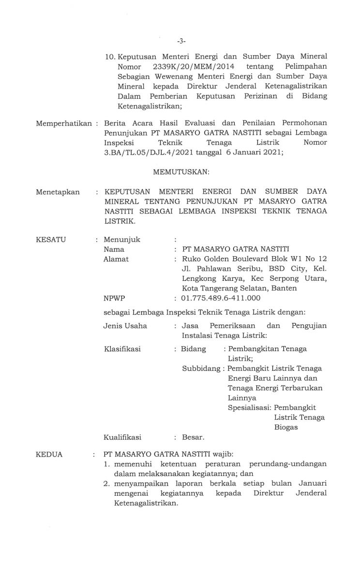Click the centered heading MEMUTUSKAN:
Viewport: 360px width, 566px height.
coord(180,172)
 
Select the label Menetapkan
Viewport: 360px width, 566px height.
coord(58,192)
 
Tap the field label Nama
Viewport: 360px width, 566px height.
coord(114,249)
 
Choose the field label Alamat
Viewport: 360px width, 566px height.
coord(116,259)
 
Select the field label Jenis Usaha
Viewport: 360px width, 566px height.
coord(125,325)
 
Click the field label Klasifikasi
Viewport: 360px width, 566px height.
coord(122,349)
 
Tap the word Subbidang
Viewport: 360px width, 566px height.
coord(200,368)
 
